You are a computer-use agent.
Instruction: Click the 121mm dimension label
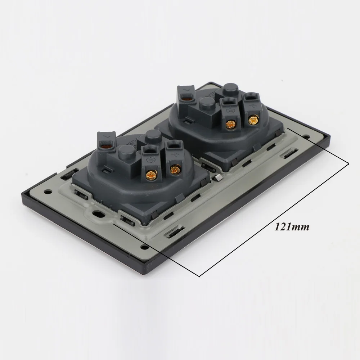tap(292, 227)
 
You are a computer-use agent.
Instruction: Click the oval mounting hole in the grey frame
tap(98, 213)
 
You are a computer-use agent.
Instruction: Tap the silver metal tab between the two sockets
tap(218, 177)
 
